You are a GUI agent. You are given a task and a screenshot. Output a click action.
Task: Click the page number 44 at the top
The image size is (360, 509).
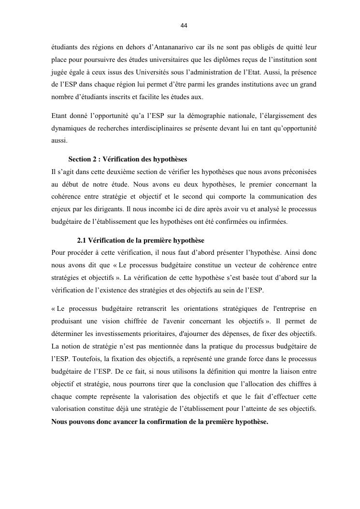pyautogui.click(x=184, y=26)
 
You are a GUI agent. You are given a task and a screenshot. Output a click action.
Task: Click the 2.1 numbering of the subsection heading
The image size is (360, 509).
pyautogui.click(x=82, y=240)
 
